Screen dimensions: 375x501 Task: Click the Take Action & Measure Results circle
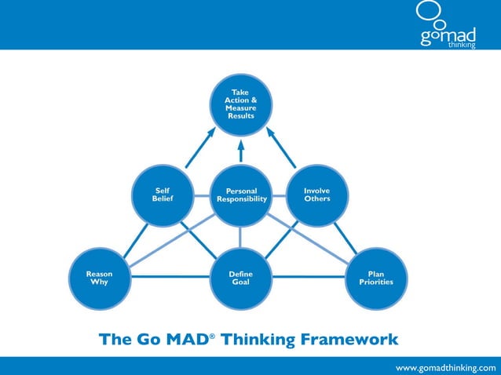pos(240,104)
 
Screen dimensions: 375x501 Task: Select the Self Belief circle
pos(163,195)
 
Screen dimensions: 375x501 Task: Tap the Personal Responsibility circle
pos(240,195)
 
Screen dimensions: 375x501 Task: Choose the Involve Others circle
pos(317,195)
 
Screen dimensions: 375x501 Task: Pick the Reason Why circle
pos(99,278)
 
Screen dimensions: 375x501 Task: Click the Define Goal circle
pos(240,278)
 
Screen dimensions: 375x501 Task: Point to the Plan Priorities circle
pos(375,278)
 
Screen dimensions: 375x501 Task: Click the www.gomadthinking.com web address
pos(445,367)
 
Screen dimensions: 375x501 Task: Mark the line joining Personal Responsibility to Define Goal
pos(240,237)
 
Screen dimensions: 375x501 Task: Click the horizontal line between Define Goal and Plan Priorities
pos(308,277)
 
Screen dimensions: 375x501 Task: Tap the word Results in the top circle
pos(240,116)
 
